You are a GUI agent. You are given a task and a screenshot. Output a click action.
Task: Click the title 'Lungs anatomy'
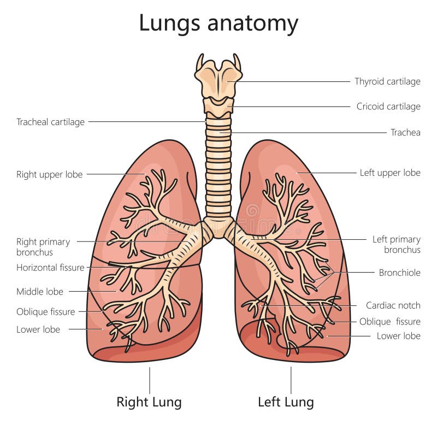[218, 23]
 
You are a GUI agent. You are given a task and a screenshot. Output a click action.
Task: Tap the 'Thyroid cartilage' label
[387, 81]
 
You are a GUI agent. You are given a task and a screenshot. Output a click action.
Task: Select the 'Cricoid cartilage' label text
[388, 107]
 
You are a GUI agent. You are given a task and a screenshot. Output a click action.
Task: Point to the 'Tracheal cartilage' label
[50, 122]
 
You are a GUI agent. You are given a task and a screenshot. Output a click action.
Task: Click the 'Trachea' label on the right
[405, 132]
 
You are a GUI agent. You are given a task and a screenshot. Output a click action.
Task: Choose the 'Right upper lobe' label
[49, 175]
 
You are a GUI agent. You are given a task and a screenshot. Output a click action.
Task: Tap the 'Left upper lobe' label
[390, 173]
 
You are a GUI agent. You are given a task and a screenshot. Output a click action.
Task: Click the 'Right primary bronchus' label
[43, 246]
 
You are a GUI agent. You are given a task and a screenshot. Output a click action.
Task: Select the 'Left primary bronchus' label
[397, 244]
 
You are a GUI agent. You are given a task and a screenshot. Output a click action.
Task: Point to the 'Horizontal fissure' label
[50, 268]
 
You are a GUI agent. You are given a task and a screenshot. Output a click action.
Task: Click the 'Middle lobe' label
[40, 292]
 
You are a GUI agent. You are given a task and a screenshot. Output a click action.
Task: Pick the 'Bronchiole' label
[399, 273]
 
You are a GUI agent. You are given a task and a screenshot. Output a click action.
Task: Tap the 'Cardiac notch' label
[393, 305]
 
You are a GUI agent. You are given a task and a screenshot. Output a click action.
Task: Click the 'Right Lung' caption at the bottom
[149, 403]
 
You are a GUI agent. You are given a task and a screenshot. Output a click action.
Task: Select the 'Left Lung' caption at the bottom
[286, 403]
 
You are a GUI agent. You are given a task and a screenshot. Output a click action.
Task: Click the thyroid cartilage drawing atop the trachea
[218, 79]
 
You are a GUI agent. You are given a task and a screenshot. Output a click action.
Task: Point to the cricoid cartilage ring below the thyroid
[218, 107]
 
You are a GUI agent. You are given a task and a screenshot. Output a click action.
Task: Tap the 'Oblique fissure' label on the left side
[45, 312]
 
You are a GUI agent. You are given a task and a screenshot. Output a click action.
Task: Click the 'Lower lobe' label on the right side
[399, 336]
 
